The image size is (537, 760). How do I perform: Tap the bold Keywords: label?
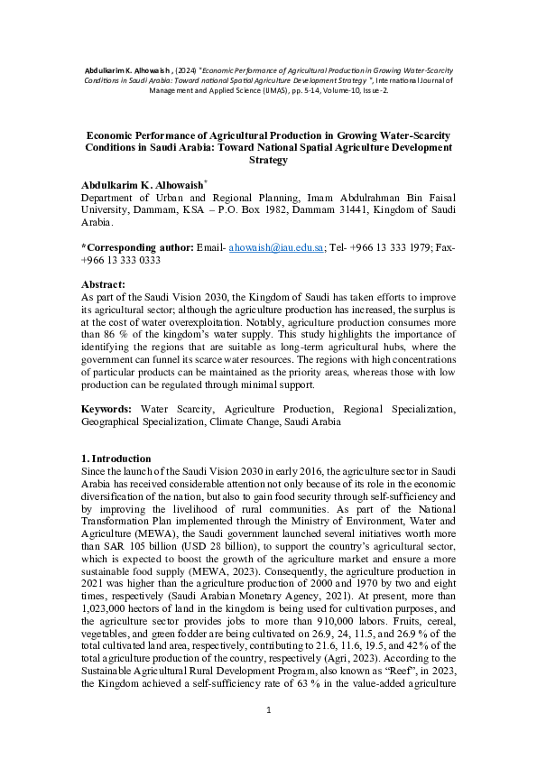coord(109,409)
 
